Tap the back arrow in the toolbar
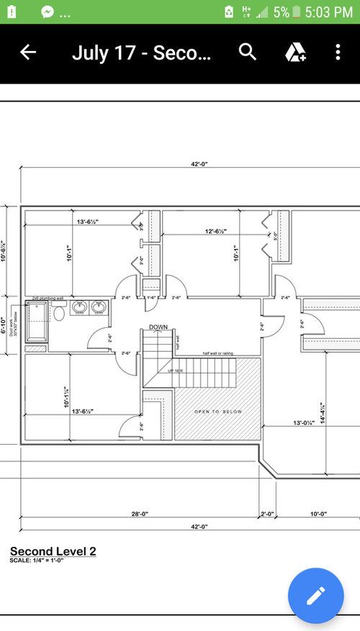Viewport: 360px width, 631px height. [x=27, y=53]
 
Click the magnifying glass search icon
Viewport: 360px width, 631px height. [x=247, y=52]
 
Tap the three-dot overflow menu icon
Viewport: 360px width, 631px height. [x=338, y=53]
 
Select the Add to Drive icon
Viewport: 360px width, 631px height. [x=295, y=52]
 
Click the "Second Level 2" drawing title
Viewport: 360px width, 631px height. [x=53, y=551]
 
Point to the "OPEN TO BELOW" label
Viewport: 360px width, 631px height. [x=217, y=412]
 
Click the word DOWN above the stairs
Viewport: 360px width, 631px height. [x=158, y=327]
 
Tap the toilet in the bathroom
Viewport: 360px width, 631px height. [x=59, y=312]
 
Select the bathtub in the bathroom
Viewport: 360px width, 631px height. [x=35, y=321]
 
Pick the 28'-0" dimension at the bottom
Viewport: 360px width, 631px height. [x=139, y=514]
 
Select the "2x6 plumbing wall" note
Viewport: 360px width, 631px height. [x=47, y=298]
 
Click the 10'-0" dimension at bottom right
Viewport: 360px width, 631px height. [x=318, y=514]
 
